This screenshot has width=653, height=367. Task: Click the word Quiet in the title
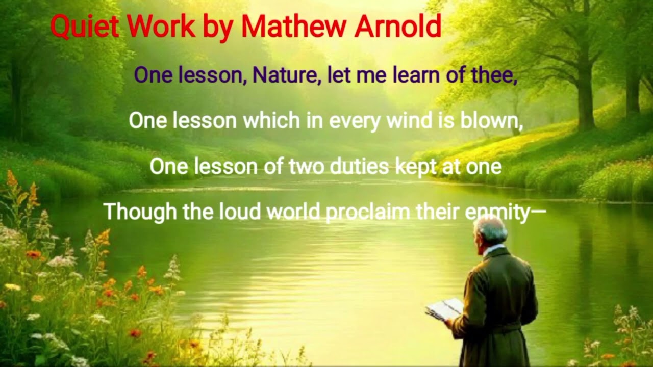click(84, 27)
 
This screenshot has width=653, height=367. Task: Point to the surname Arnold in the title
click(398, 27)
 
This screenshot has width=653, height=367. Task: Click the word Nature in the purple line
click(286, 75)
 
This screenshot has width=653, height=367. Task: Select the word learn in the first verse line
click(418, 75)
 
